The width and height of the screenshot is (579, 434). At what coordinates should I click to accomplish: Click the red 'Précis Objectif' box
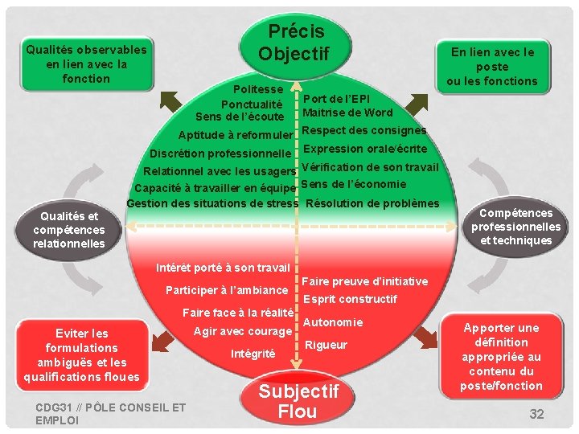294,42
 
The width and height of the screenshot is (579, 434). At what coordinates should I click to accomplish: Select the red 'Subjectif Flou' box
297,402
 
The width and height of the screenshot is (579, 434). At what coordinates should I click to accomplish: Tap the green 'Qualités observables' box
86,63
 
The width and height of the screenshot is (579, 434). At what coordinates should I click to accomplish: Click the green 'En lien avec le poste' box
492,66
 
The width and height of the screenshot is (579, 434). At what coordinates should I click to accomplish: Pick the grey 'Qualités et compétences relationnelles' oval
69,229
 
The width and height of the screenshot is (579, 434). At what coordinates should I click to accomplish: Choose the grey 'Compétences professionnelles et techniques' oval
515,227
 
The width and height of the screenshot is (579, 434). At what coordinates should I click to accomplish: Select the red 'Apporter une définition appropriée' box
501,357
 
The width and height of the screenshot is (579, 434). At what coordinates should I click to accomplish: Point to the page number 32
536,414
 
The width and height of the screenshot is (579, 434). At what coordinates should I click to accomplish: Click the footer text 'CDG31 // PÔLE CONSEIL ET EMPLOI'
110,414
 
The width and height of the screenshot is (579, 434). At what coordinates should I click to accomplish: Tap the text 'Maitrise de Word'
347,113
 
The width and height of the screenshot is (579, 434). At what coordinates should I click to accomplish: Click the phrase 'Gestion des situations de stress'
212,203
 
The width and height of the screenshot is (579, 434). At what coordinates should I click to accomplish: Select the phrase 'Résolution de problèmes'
373,203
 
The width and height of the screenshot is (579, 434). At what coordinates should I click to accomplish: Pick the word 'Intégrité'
253,354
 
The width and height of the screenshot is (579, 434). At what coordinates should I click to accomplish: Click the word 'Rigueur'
326,345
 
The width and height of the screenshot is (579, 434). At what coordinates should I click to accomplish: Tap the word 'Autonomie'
333,322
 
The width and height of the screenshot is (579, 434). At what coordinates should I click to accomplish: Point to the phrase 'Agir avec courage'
243,331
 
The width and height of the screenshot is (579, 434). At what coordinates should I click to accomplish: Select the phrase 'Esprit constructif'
350,299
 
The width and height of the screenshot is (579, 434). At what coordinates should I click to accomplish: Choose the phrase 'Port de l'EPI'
336,99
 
